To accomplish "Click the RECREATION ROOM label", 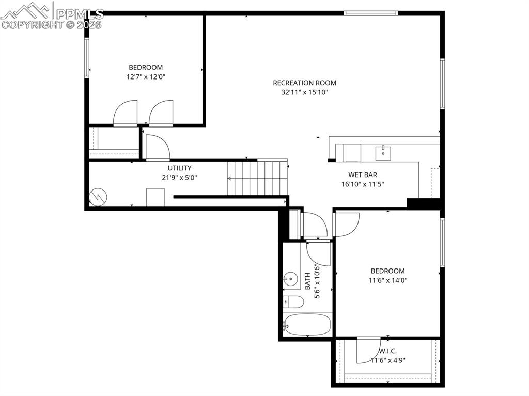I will tap(304, 83).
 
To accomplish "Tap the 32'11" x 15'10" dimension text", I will tap(304, 93).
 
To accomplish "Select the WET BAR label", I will tap(362, 175).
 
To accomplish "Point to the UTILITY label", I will tap(179, 168).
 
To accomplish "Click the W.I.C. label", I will tap(387, 351).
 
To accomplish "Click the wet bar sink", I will tap(383, 151).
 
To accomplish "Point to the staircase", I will tap(257, 178).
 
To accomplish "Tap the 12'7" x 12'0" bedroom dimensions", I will tap(146, 77).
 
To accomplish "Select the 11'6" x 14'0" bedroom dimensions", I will tap(387, 281).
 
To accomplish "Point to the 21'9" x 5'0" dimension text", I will tap(179, 177).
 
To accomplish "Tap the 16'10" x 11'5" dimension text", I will tap(362, 184).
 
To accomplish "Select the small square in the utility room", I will tap(155, 197).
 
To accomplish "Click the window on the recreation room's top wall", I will tap(370, 13).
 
